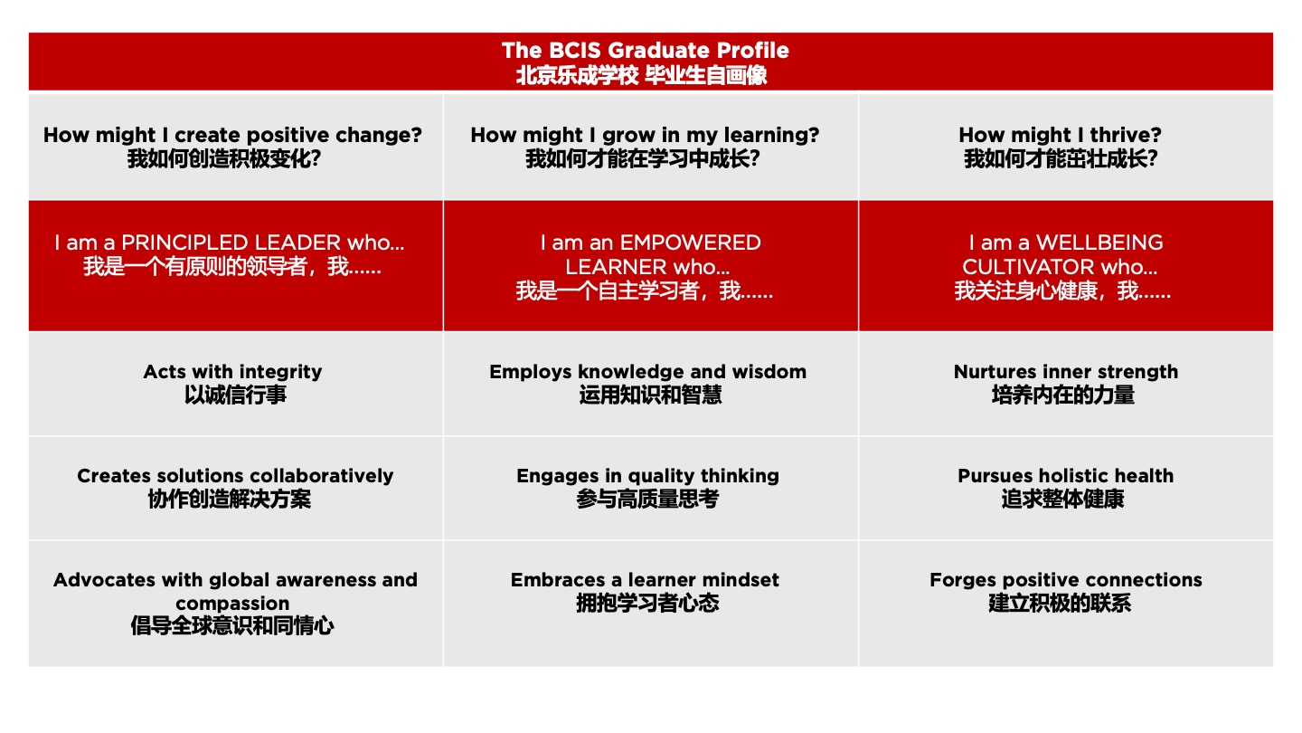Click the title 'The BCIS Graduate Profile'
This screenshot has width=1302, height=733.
(x=646, y=51)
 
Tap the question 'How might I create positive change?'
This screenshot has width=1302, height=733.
(x=232, y=135)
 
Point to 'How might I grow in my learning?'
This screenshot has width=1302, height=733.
(x=645, y=135)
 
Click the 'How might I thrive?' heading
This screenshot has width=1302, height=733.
(x=1061, y=135)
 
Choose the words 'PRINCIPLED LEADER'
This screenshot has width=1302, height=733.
(x=231, y=243)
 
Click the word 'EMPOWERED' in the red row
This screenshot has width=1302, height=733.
(x=691, y=243)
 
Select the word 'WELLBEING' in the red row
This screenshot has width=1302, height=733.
(x=1099, y=243)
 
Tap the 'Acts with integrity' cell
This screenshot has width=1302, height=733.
(x=232, y=372)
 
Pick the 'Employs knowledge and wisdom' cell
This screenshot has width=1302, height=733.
(x=648, y=372)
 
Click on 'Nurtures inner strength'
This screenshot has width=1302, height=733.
(x=1066, y=372)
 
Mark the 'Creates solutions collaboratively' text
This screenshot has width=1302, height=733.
(x=235, y=476)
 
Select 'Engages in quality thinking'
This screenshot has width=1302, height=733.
(x=648, y=476)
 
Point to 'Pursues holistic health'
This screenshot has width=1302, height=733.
(x=1066, y=476)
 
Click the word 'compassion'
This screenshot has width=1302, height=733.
(x=232, y=604)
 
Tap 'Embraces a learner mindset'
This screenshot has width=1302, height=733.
(x=646, y=580)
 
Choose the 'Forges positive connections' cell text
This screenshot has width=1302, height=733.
(x=1066, y=580)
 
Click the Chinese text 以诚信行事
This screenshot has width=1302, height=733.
(x=235, y=395)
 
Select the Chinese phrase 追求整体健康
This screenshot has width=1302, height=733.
(x=1062, y=500)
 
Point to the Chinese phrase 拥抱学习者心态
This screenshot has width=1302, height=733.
(x=647, y=604)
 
